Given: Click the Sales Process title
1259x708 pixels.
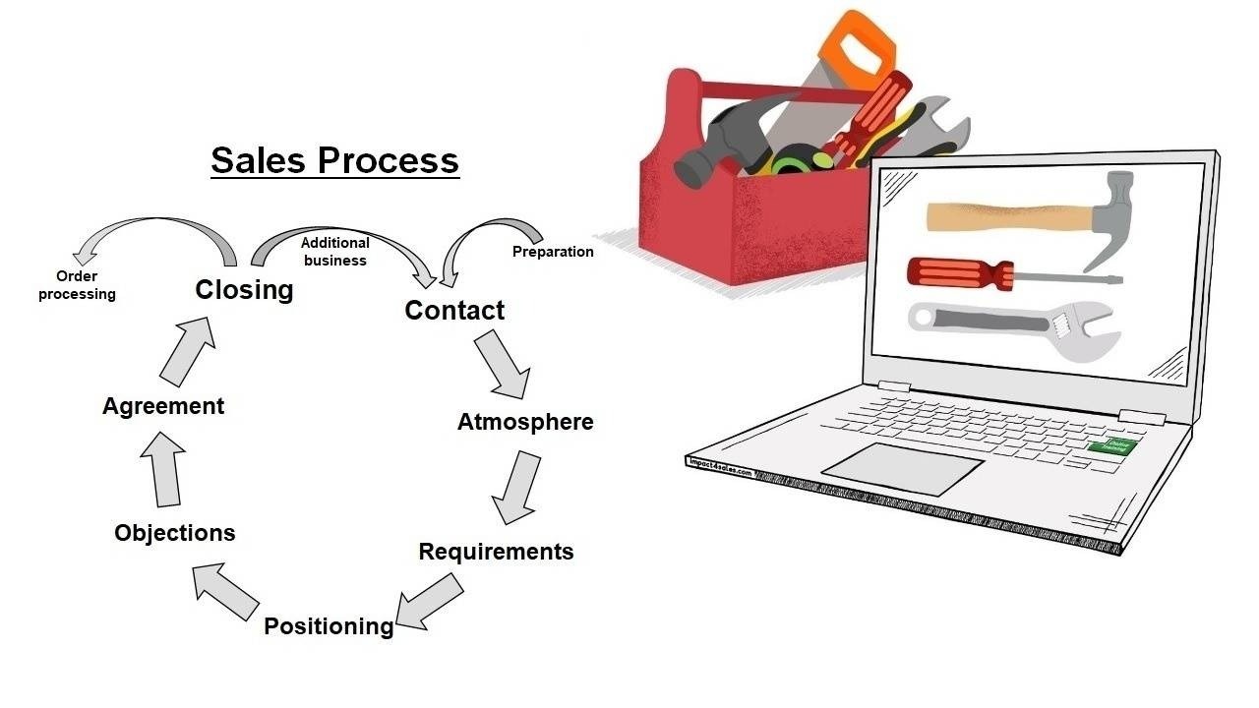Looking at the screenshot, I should [x=334, y=160].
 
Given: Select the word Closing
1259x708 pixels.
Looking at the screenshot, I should [x=244, y=290].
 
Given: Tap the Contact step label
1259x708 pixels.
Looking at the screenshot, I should [x=454, y=311].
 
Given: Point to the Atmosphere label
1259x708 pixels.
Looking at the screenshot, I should [x=525, y=422].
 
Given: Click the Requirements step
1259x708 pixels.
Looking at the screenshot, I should [x=496, y=552].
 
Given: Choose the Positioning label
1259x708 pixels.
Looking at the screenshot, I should [x=329, y=626].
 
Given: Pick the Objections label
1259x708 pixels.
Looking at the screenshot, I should [x=175, y=533].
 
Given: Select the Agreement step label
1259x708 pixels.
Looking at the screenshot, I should [x=163, y=406].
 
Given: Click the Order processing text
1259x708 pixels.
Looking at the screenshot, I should [x=77, y=285].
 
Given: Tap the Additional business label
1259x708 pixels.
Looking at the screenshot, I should [x=335, y=252].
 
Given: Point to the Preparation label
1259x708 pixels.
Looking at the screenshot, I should [x=553, y=252].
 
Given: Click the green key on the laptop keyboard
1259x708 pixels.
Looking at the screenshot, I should [x=1112, y=446].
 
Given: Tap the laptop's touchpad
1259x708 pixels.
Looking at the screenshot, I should [x=902, y=469].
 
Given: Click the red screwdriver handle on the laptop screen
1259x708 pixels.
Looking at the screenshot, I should [x=949, y=271].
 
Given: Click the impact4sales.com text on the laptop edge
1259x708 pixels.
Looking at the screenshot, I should [x=719, y=466].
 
